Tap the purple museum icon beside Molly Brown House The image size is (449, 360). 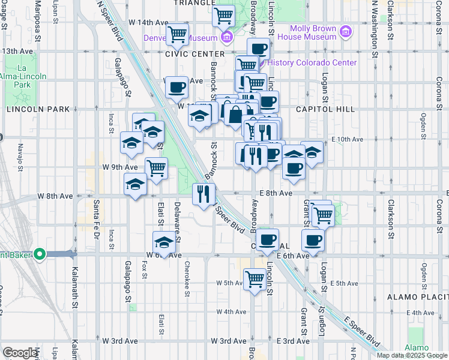pos(346,31)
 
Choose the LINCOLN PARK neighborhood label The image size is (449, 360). pos(38,109)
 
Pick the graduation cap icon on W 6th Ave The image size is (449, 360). pos(163,242)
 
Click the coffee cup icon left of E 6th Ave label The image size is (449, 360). pos(312,241)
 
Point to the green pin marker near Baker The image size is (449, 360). pos(40,254)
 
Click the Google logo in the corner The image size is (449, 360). pos(20,353)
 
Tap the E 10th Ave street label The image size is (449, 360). pos(348,139)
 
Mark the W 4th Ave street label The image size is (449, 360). pos(232,311)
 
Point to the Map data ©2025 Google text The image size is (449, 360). pos(412,355)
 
